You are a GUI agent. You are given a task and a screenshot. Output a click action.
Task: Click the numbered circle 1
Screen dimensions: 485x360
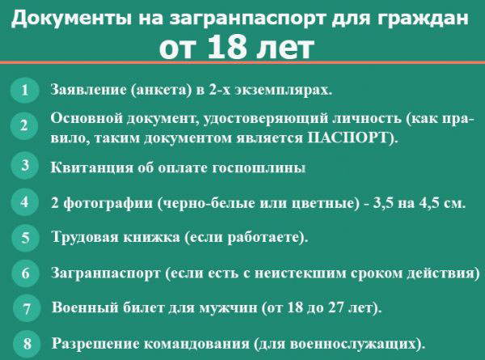click(x=25, y=90)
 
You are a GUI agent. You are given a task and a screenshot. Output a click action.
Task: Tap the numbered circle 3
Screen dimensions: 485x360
click(x=25, y=165)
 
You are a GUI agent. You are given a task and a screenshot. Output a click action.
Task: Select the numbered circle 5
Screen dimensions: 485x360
click(x=25, y=237)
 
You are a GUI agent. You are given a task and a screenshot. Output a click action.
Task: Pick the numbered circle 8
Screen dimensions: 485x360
click(x=27, y=343)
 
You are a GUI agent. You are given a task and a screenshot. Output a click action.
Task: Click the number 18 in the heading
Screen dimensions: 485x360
click(x=227, y=48)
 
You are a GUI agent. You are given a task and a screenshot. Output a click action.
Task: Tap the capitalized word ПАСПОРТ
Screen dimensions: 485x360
click(x=348, y=138)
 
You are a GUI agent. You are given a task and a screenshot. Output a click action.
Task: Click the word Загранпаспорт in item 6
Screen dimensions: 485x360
click(x=106, y=273)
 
